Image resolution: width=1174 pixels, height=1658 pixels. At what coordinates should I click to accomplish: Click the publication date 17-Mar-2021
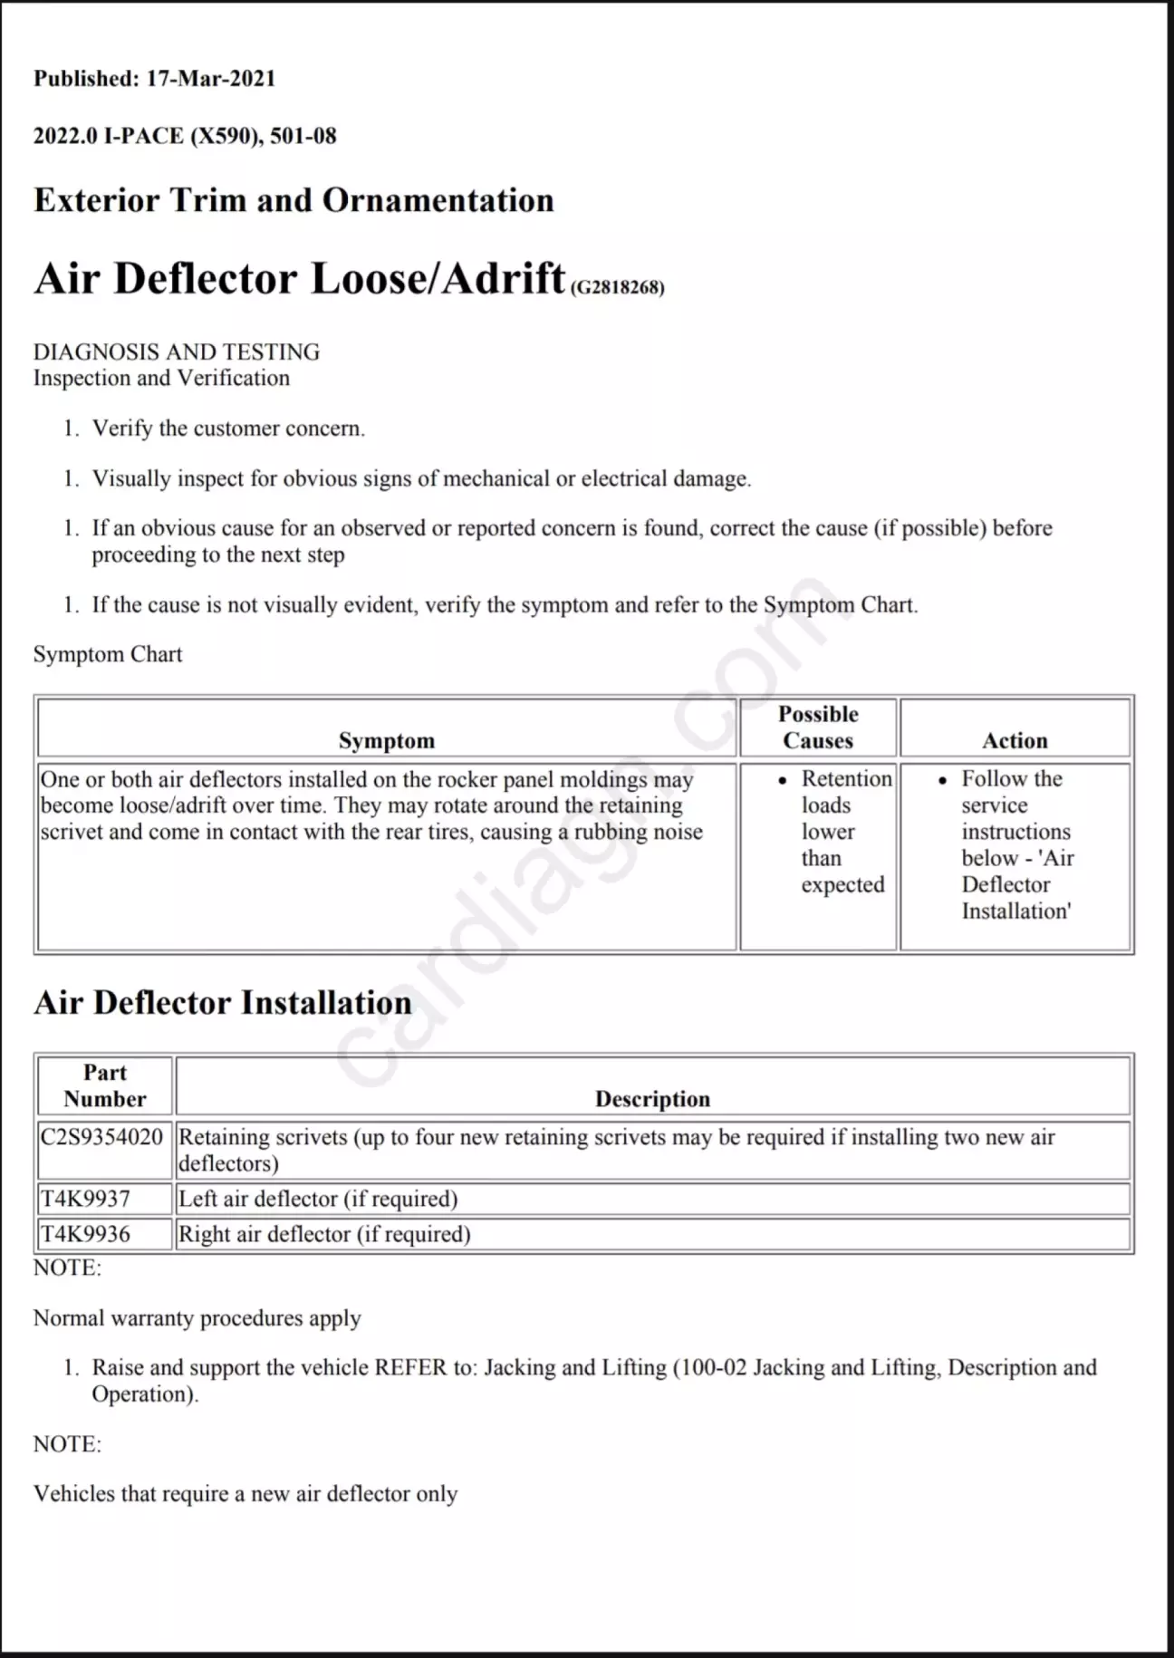(210, 79)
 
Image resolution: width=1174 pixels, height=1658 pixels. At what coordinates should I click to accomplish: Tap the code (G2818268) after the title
(617, 287)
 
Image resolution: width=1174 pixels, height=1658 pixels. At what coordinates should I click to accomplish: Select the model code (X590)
(226, 137)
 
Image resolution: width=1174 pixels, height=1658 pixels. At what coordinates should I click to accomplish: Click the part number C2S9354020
(101, 1137)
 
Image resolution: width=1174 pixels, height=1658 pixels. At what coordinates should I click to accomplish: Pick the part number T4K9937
(85, 1199)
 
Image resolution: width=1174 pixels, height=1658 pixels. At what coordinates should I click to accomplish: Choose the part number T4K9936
(85, 1234)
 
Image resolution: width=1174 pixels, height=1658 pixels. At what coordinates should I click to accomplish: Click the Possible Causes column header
(818, 728)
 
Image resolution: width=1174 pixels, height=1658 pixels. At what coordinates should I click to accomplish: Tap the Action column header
(1015, 740)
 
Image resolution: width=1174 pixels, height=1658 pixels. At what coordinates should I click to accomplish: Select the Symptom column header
(387, 740)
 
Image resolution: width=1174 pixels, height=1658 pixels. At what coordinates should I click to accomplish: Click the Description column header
(652, 1099)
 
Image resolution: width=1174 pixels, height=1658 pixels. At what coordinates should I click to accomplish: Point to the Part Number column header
(104, 1085)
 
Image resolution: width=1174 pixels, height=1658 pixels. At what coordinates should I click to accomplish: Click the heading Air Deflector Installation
(223, 1003)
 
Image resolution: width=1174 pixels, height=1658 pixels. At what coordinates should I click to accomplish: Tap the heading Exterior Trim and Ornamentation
(293, 200)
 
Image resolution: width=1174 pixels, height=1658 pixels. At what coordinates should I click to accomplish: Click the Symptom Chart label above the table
(108, 654)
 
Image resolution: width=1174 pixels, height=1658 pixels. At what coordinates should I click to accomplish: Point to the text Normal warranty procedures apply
(197, 1317)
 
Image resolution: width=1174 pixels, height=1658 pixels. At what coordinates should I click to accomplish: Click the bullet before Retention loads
(783, 780)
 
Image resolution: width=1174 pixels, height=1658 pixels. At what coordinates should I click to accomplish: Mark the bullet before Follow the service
(943, 780)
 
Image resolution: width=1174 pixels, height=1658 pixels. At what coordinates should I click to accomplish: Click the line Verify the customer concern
(228, 429)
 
